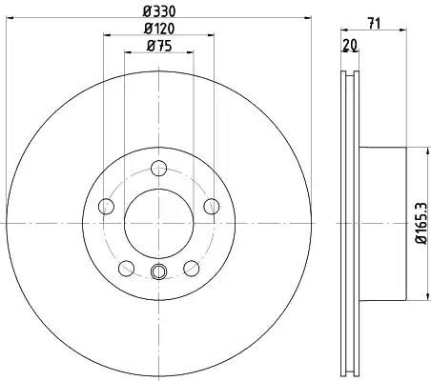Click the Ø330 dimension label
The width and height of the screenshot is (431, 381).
(x=159, y=11)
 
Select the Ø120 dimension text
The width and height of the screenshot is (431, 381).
(x=159, y=29)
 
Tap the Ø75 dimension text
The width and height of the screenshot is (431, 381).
(x=159, y=47)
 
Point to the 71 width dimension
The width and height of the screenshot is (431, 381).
(x=374, y=24)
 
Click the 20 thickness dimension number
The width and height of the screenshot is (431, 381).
(x=350, y=45)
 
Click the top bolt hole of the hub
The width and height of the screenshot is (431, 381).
(x=158, y=169)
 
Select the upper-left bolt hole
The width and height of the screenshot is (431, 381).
(x=106, y=207)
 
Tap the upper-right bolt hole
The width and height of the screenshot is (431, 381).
(x=212, y=207)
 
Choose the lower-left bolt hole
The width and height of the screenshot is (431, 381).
(x=126, y=269)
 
